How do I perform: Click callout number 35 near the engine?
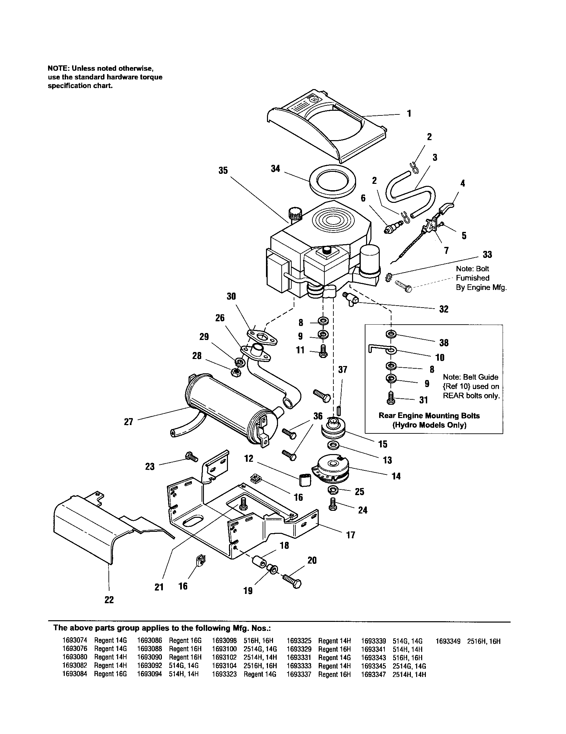[223, 171]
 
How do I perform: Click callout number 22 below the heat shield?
[109, 600]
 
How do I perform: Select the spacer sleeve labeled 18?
[258, 561]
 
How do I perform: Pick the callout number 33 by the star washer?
[487, 255]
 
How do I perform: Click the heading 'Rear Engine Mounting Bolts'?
[429, 415]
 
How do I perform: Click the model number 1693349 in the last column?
[448, 641]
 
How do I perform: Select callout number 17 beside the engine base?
[350, 535]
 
